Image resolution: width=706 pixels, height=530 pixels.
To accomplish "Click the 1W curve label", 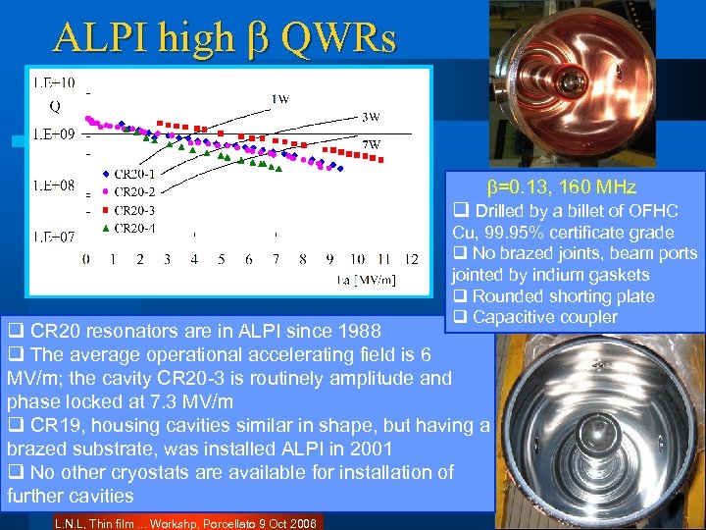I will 279,98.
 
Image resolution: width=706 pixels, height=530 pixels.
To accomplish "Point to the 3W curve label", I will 371,117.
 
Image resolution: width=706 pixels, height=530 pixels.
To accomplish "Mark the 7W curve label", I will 371,144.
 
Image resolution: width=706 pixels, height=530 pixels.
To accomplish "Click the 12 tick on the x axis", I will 411,259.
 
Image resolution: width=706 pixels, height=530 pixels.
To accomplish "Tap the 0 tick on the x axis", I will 86,259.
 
